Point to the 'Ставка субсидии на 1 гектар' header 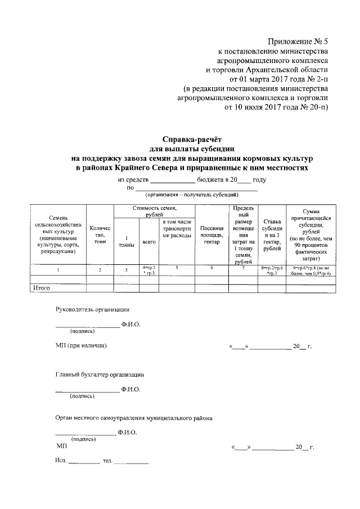click(x=271, y=235)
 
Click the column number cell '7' click(x=242, y=269)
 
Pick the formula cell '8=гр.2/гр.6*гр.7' click(x=271, y=270)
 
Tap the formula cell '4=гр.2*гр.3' click(x=149, y=269)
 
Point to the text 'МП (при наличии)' click(x=81, y=345)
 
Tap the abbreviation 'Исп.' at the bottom click(x=61, y=461)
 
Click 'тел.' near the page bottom click(x=107, y=461)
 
